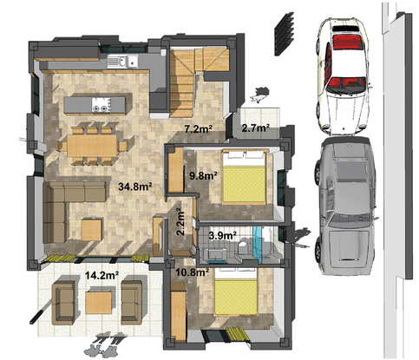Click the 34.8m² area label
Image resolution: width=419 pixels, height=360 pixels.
click(x=135, y=187)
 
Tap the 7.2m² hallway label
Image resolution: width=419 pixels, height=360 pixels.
click(x=199, y=128)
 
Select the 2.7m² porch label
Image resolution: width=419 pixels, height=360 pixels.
click(x=256, y=128)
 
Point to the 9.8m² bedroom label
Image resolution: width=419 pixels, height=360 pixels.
click(x=203, y=175)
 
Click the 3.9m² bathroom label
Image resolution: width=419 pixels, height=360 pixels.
click(x=222, y=236)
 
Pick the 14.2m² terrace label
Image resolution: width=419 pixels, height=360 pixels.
click(x=101, y=275)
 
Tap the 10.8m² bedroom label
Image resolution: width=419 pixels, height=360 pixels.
click(x=193, y=272)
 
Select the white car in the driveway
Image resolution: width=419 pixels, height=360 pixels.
click(x=344, y=76)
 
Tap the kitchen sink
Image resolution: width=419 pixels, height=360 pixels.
click(x=122, y=61)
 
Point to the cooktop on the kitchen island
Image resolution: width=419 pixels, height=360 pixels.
click(x=101, y=104)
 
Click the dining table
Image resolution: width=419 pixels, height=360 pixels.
click(x=92, y=146)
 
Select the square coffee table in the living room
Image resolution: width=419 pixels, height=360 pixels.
click(x=92, y=230)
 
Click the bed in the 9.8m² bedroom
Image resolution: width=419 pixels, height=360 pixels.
click(x=244, y=177)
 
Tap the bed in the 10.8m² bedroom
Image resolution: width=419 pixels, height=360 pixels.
click(x=235, y=292)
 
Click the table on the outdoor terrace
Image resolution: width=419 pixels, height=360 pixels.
click(x=99, y=303)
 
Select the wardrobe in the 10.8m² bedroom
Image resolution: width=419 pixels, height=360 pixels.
click(x=179, y=311)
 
